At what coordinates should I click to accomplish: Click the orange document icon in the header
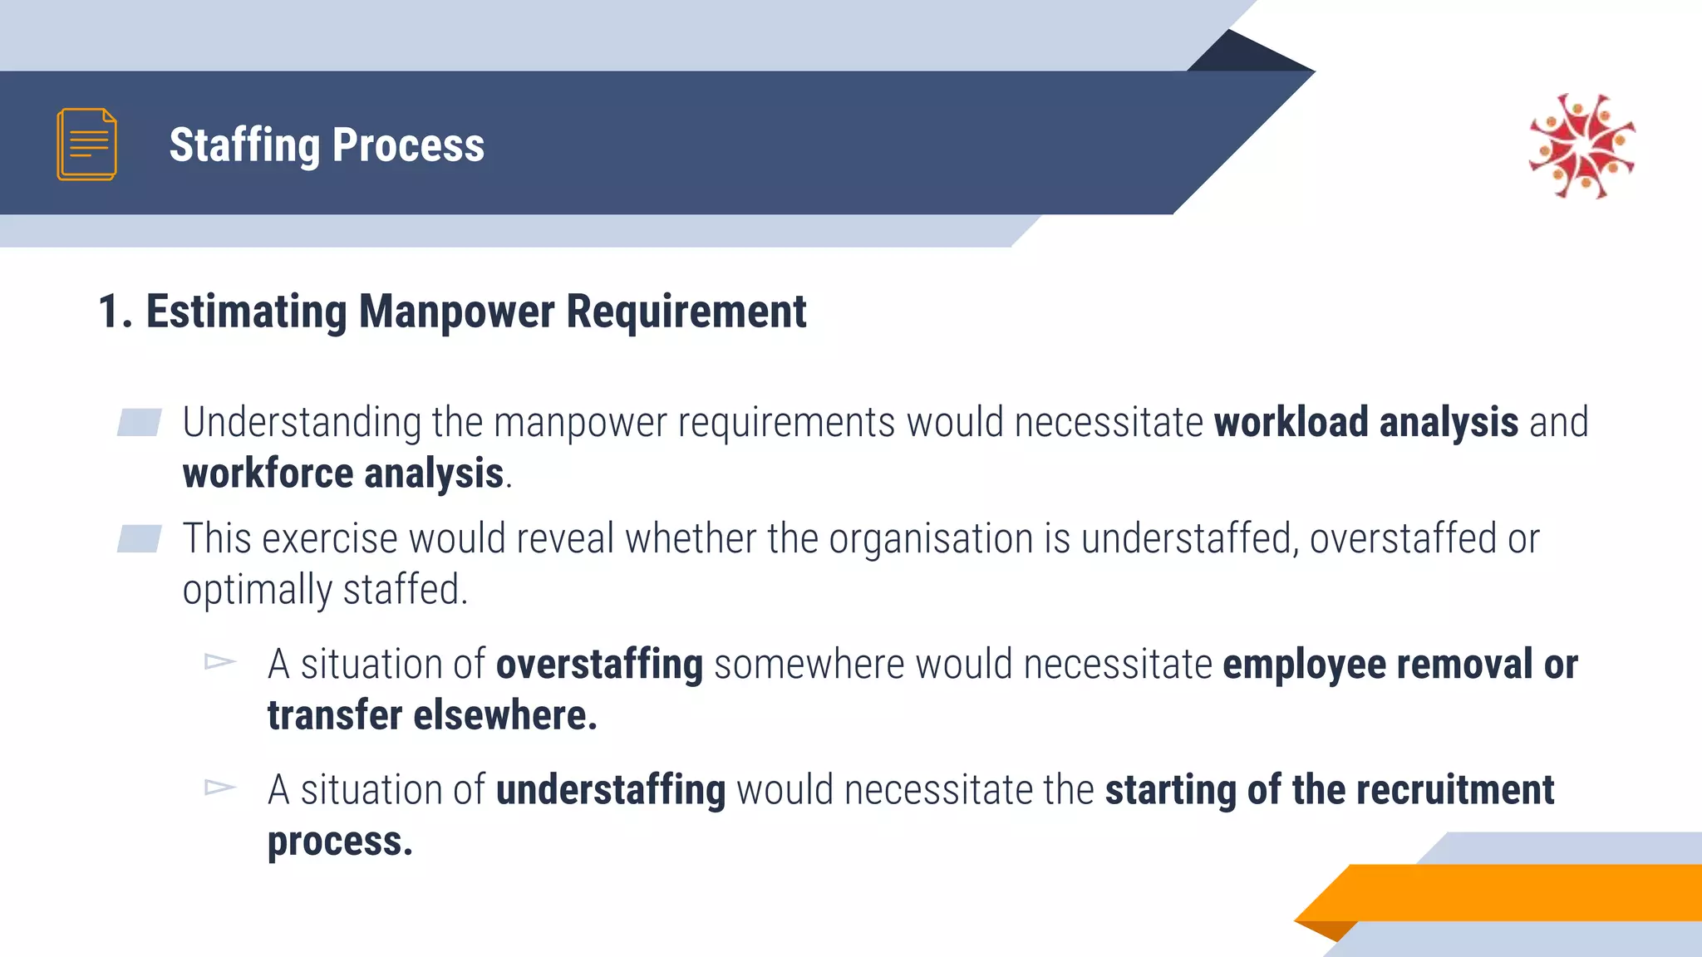[x=86, y=144]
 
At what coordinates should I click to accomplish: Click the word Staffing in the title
[x=244, y=146]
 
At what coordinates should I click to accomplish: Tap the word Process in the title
[x=408, y=145]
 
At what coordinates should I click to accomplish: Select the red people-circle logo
[x=1581, y=146]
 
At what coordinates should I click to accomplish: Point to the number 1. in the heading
[x=115, y=312]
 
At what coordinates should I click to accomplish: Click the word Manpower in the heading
[x=456, y=312]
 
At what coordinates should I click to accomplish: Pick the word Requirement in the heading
[x=686, y=312]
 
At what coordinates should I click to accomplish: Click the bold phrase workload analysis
[x=1365, y=422]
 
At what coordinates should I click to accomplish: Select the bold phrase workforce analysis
[x=343, y=474]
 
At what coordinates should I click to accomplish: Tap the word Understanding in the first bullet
[x=302, y=422]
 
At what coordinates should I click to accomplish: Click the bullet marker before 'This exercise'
[x=139, y=538]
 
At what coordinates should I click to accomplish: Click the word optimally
[x=257, y=591]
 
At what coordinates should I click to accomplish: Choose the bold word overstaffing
[x=599, y=665]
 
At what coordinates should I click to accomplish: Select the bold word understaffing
[x=611, y=790]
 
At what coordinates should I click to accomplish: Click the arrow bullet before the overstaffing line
[x=220, y=662]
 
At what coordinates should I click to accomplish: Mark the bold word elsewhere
[x=505, y=716]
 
